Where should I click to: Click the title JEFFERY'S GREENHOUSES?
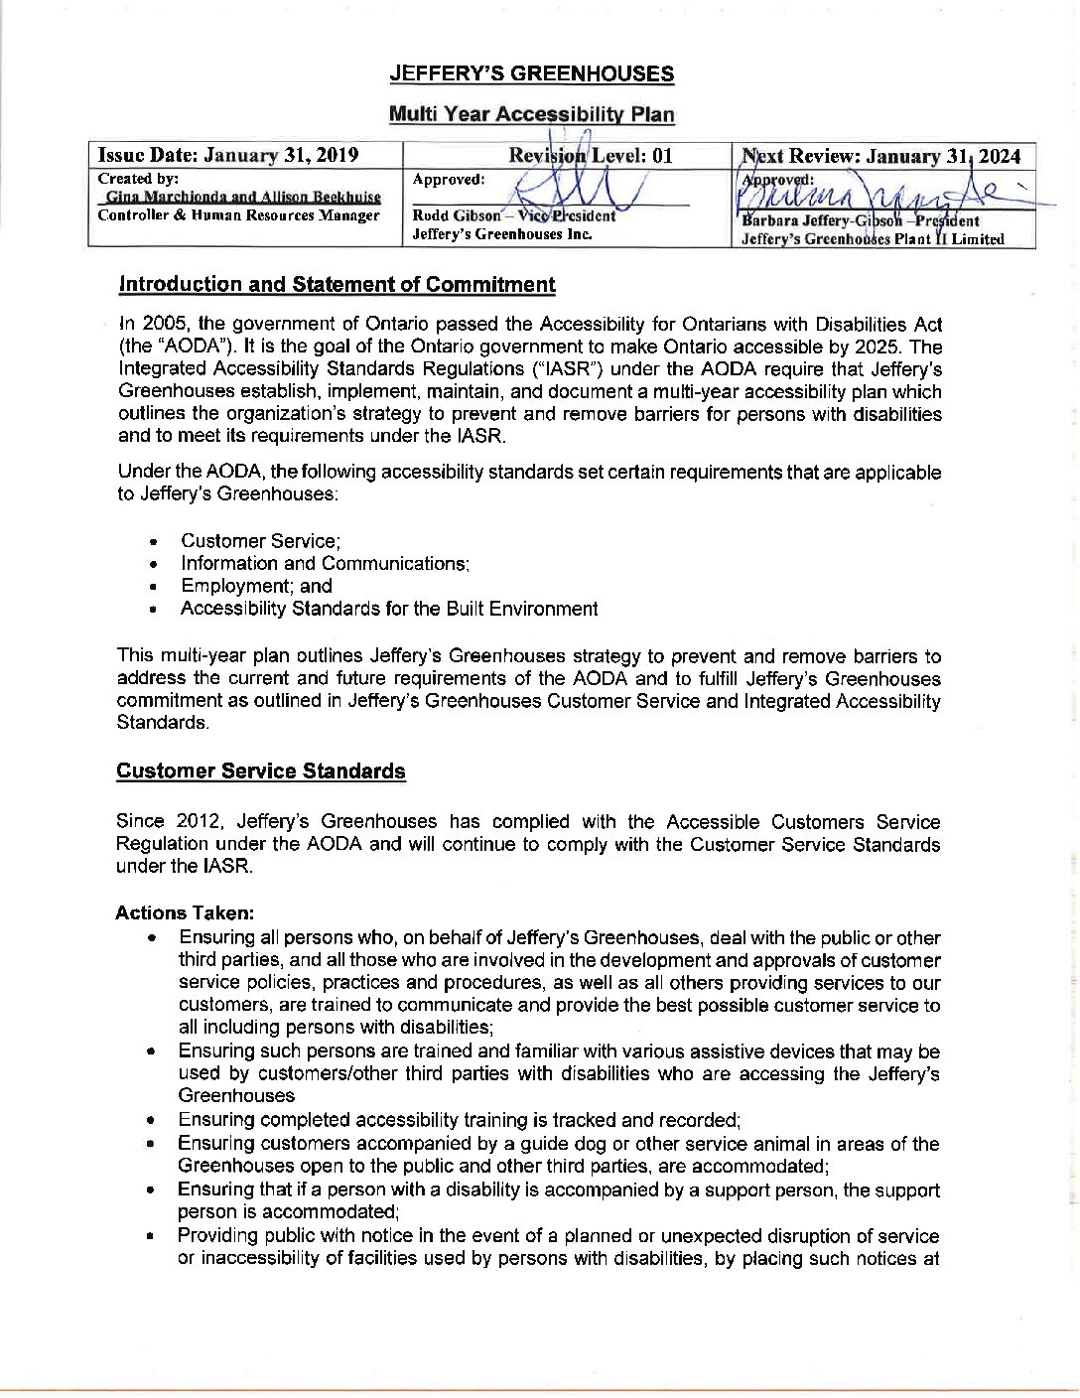[531, 74]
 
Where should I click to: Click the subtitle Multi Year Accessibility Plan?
[531, 114]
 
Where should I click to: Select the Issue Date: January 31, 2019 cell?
[227, 155]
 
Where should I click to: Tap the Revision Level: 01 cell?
[590, 155]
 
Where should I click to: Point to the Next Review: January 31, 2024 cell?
[881, 156]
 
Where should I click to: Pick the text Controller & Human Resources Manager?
[238, 215]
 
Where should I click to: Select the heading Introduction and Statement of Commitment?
[337, 285]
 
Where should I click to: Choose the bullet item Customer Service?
[260, 541]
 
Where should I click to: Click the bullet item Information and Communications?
[325, 564]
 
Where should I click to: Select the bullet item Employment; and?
[256, 586]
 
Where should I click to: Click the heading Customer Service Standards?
[261, 771]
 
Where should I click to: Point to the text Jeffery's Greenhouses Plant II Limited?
[873, 239]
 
